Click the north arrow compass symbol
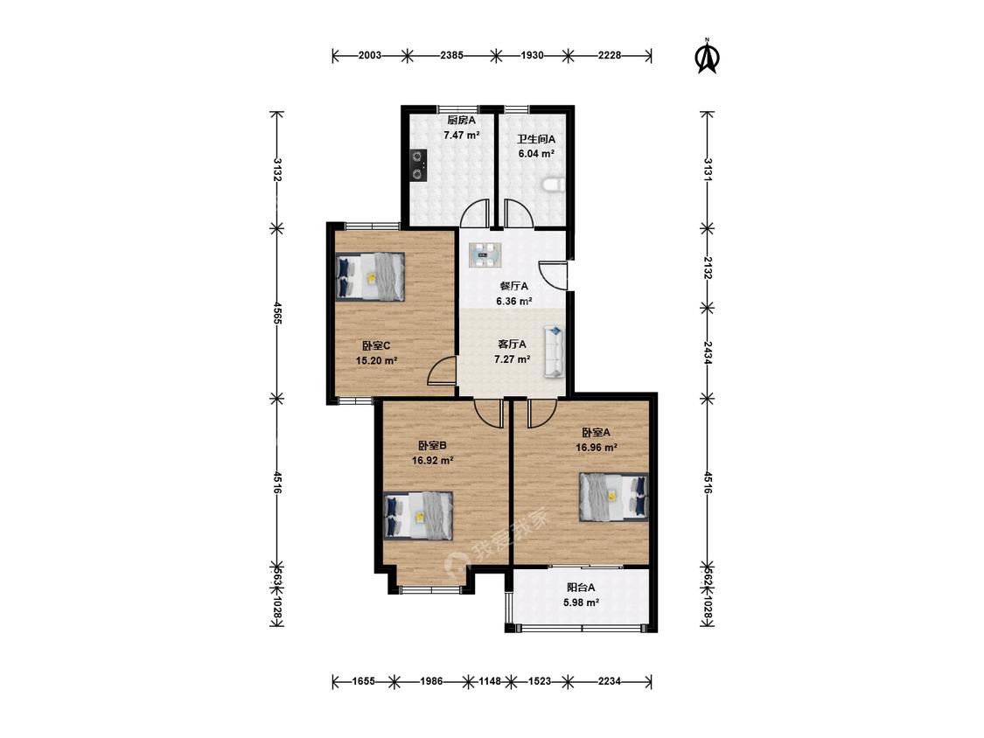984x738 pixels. pos(708,57)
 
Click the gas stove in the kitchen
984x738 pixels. pos(417,165)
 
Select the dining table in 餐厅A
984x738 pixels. pos(486,254)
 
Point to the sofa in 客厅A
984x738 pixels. pos(554,352)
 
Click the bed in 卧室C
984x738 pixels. pos(370,276)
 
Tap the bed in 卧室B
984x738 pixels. pos(418,515)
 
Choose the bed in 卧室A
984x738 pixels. pos(613,497)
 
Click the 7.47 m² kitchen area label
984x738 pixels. pos(461,135)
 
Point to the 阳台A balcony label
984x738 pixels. pos(581,588)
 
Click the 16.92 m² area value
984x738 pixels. pos(432,460)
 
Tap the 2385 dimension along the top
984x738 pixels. pos(452,55)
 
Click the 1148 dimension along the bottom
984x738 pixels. pos(490,680)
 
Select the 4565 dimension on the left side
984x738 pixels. pos(276,312)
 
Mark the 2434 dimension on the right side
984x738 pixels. pos(708,352)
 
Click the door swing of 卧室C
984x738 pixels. pos(442,369)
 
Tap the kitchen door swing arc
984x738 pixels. pos(474,212)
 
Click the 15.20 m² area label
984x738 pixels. pos(376,361)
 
